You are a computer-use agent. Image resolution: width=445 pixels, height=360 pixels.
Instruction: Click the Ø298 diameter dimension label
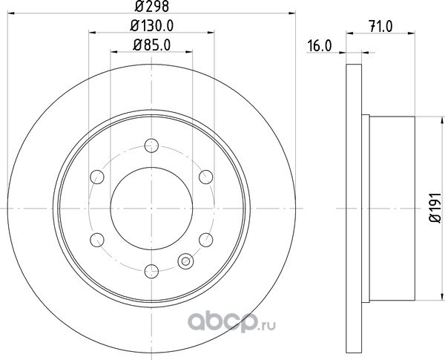pyautogui.click(x=152, y=6)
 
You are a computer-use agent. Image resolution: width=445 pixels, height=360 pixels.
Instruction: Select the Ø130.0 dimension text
pyautogui.click(x=152, y=26)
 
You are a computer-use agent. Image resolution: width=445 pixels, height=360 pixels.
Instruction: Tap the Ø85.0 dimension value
pyautogui.click(x=152, y=45)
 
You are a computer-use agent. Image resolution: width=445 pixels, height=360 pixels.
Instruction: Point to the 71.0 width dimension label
pyautogui.click(x=381, y=27)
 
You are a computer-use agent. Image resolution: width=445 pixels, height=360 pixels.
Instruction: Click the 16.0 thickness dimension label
pyautogui.click(x=319, y=46)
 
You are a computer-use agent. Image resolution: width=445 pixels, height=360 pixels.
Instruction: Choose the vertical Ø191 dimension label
pyautogui.click(x=435, y=208)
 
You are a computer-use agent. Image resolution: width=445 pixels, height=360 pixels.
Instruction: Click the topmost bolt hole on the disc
pyautogui.click(x=151, y=145)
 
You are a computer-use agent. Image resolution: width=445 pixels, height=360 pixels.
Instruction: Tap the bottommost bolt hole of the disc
pyautogui.click(x=151, y=272)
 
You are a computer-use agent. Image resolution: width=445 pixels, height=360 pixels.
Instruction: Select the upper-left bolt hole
pyautogui.click(x=97, y=177)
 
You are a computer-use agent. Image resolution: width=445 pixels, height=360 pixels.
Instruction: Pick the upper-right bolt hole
pyautogui.click(x=205, y=177)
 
